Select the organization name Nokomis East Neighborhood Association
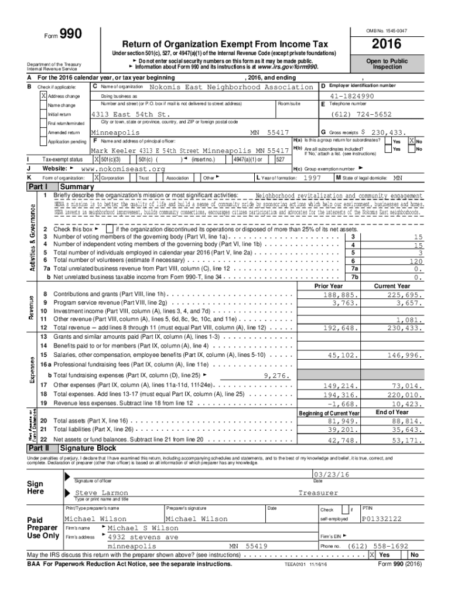(x=231, y=87)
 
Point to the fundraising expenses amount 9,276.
(x=276, y=376)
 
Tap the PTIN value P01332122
(x=382, y=519)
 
